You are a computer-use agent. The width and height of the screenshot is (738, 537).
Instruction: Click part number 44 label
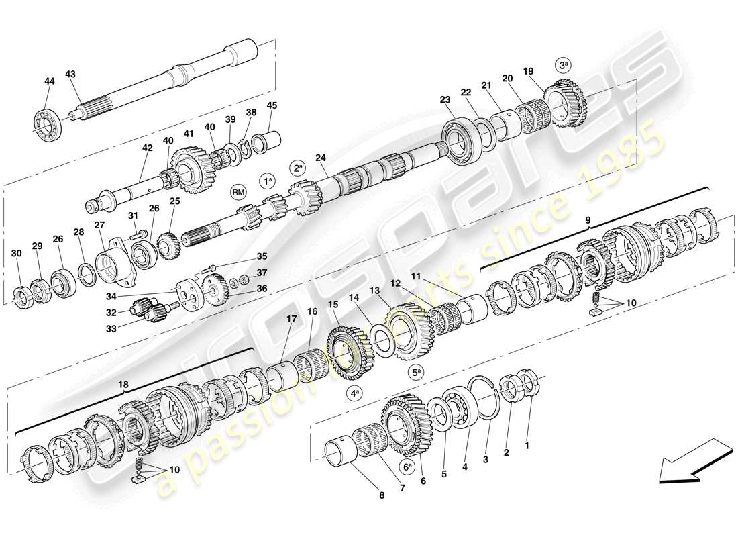pos(49,81)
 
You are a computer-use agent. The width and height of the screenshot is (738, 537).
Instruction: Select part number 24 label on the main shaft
pos(321,158)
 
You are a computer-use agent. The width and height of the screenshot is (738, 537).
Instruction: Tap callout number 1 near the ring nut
pos(527,445)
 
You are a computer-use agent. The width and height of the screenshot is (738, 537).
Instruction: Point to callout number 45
pos(272,105)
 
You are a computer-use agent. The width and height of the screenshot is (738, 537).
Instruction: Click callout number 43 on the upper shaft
pos(71,74)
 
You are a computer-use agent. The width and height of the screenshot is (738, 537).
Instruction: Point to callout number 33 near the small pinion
pos(111,328)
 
